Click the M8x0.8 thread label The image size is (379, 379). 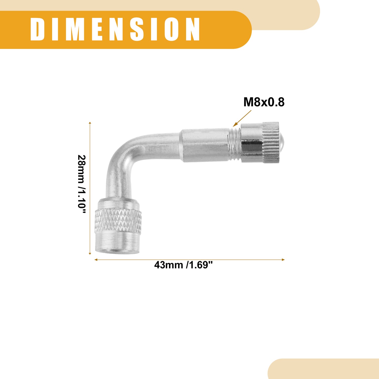coord(264,102)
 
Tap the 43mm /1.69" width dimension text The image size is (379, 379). coord(183,265)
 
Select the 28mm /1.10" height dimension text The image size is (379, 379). coord(82,184)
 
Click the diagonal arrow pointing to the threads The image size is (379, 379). coord(242,118)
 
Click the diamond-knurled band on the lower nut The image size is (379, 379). coord(118,221)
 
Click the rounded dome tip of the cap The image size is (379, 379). coord(281,142)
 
